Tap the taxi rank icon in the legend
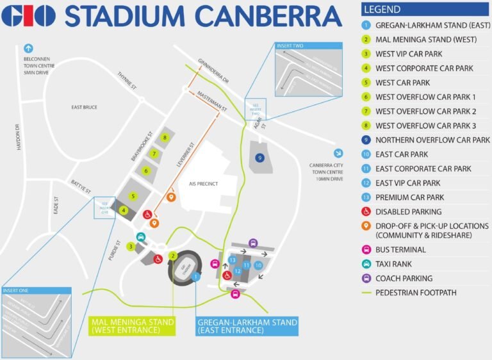tap(366, 264)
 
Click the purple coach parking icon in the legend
tap(366, 278)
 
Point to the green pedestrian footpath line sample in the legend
tap(366, 293)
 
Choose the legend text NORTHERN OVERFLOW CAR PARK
tap(432, 140)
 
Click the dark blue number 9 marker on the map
tap(259, 158)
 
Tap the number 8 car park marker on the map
tap(165, 138)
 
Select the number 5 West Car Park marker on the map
tap(133, 196)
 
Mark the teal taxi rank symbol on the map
tap(142, 236)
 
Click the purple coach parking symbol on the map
tap(253, 243)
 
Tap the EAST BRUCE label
tap(84, 107)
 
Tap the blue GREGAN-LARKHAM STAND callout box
tap(247, 325)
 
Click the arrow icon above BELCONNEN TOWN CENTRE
tap(28, 48)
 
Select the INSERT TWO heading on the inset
tap(290, 46)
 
